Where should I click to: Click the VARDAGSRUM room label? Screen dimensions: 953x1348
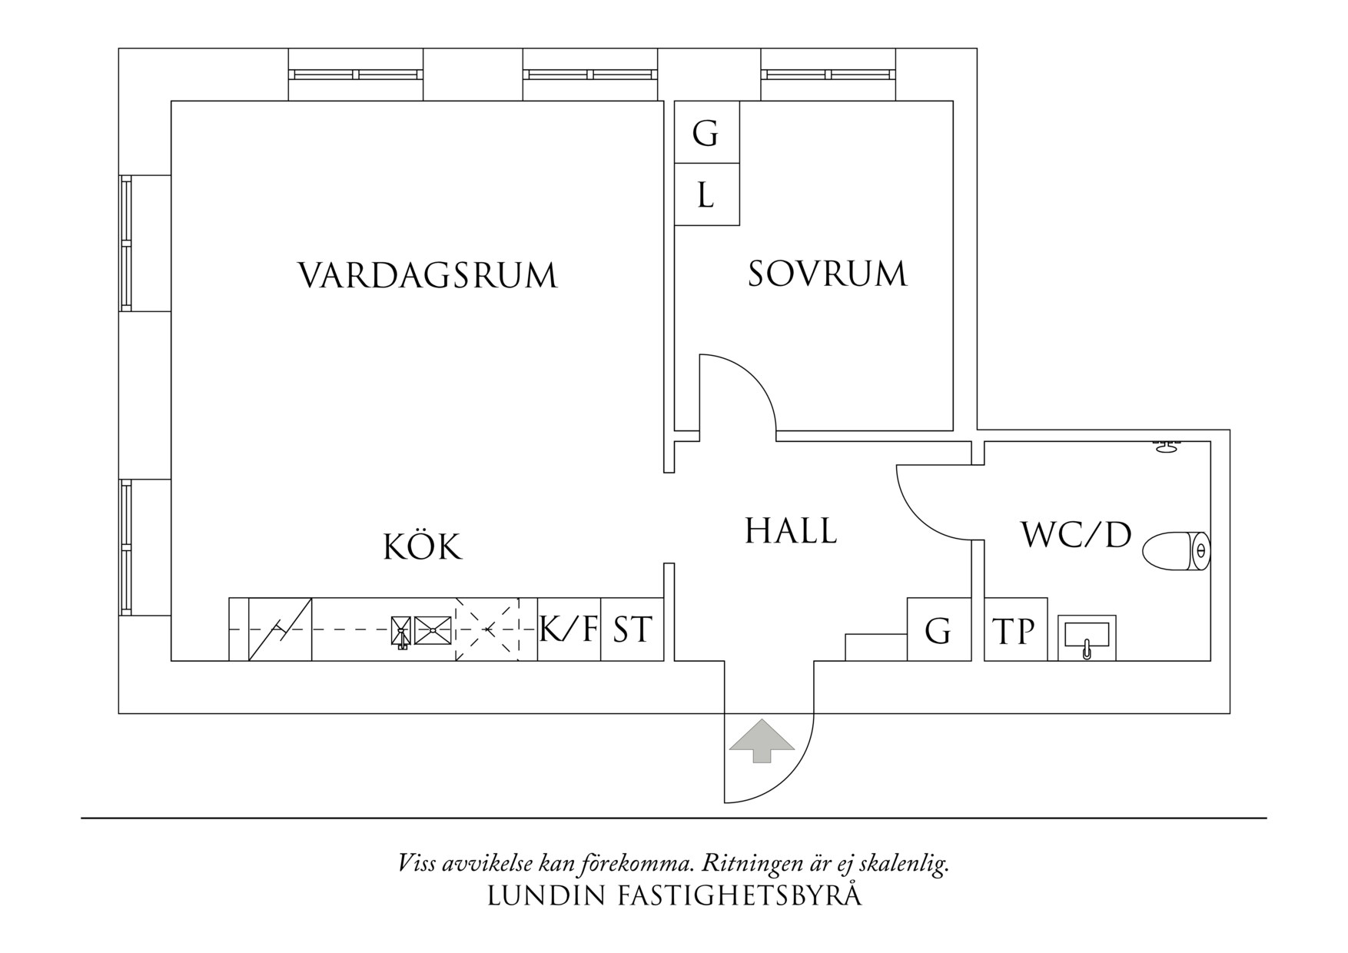(427, 275)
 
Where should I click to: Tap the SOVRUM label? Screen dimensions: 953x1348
(827, 274)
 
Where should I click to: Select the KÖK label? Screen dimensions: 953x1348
(423, 547)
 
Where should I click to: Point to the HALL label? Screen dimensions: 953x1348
(791, 531)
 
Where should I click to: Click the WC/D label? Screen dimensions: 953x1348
(1076, 535)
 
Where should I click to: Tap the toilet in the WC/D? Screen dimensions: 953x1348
(1176, 551)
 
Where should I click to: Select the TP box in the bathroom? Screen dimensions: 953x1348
(1014, 630)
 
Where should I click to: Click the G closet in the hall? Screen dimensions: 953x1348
(938, 630)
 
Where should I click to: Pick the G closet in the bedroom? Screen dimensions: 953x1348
(706, 133)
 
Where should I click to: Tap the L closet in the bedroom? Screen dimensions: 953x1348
(706, 195)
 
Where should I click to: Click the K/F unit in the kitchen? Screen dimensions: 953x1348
(569, 629)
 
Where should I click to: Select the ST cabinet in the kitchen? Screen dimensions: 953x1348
(632, 629)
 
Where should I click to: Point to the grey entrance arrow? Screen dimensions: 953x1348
(761, 740)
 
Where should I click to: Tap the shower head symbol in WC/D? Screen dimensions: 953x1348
(1167, 447)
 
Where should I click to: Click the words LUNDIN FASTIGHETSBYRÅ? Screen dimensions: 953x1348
(674, 896)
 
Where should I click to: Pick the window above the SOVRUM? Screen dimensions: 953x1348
(828, 75)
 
